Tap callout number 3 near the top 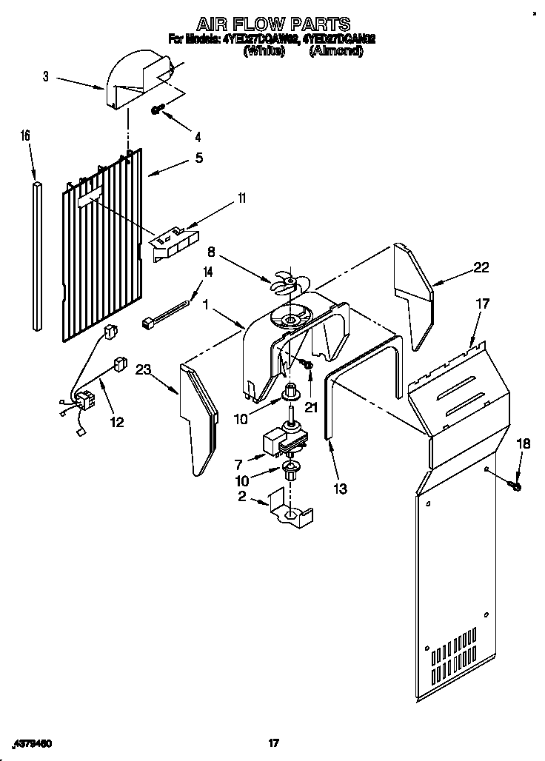46,76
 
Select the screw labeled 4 157,110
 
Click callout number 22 481,268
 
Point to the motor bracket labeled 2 290,509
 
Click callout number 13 340,488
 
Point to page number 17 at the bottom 273,742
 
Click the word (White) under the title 264,51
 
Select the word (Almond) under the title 335,51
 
